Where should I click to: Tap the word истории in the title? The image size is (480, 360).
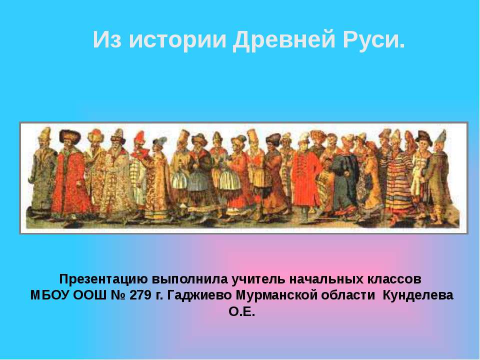(177, 40)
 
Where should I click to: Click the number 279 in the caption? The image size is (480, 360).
(140, 295)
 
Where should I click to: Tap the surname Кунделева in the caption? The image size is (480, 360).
(418, 295)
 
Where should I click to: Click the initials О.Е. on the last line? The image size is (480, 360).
(241, 312)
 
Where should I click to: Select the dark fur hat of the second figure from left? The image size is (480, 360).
(70, 135)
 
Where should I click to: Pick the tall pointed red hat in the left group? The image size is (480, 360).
(139, 138)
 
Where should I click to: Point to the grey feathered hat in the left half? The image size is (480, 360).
(160, 141)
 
